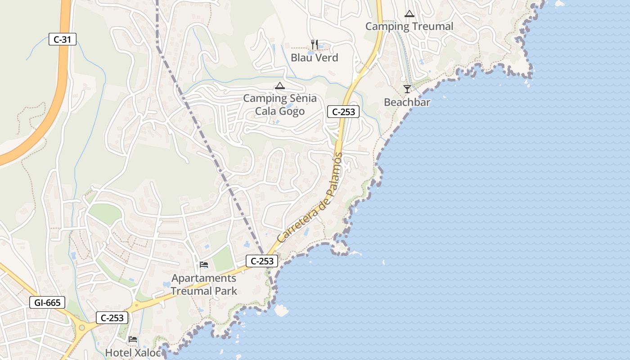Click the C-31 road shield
[x=63, y=40]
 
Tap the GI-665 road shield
[x=47, y=302]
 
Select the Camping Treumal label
[x=409, y=26]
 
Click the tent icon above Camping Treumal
[x=409, y=13]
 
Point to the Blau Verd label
[x=314, y=58]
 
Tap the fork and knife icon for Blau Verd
[x=315, y=44]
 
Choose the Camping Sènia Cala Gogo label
[x=280, y=104]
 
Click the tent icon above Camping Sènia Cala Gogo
[x=280, y=85]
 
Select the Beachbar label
[x=407, y=102]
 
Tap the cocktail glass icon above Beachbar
[x=407, y=89]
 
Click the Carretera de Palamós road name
[x=310, y=198]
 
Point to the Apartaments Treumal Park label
[x=204, y=284]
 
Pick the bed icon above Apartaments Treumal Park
[x=204, y=265]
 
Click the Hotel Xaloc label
[x=133, y=352]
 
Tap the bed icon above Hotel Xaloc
[x=133, y=339]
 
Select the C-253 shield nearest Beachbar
[x=343, y=112]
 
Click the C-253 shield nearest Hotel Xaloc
[x=112, y=318]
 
